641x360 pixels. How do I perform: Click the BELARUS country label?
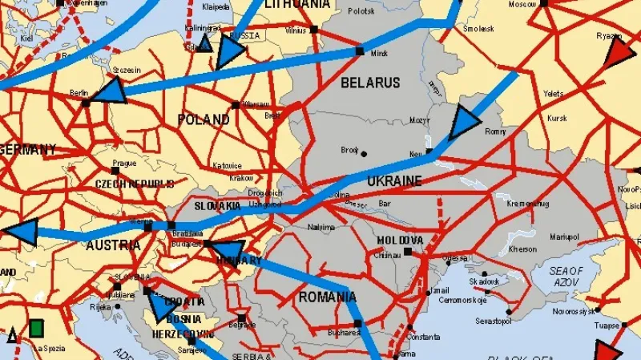[x=370, y=83]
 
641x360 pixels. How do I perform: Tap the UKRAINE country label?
[x=394, y=182]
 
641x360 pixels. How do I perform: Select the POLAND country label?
[x=204, y=120]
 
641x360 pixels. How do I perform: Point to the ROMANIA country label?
[x=327, y=297]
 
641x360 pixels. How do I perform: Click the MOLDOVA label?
[x=400, y=241]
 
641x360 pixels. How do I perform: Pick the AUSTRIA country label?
[x=111, y=244]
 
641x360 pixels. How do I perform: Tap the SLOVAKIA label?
[x=217, y=206]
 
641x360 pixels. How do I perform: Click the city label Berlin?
[x=79, y=93]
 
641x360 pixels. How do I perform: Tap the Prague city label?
[x=124, y=163]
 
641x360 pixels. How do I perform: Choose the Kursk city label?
[x=557, y=119]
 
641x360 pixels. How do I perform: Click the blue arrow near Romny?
[x=463, y=123]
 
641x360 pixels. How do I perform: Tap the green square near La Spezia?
[x=36, y=327]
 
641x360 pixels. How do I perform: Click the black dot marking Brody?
[x=364, y=153]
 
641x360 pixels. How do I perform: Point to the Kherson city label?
[x=523, y=249]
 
